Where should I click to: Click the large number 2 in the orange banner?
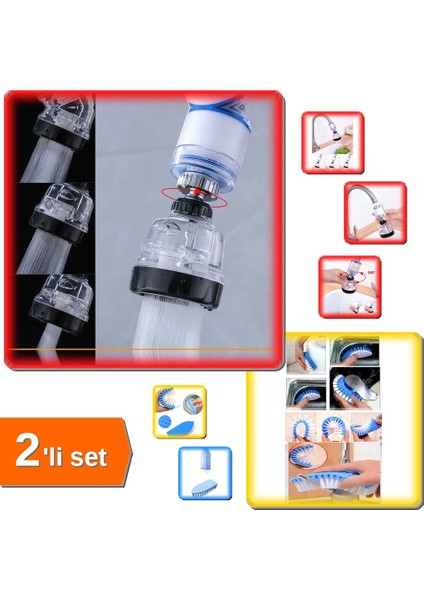tap(29, 450)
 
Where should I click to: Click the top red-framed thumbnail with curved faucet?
tap(332, 141)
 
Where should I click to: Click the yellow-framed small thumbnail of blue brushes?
tap(178, 410)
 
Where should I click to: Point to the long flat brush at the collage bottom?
tap(345, 482)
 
